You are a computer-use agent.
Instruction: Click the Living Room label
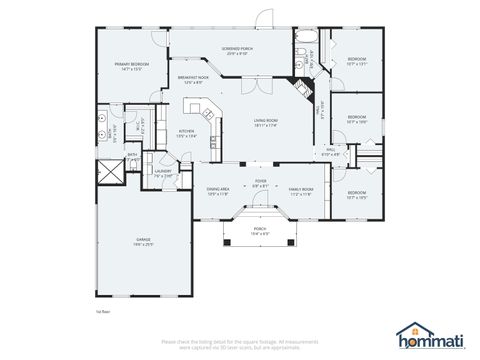(x=265, y=122)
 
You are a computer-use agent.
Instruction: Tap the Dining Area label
(x=217, y=191)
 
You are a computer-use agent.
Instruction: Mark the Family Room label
(x=301, y=191)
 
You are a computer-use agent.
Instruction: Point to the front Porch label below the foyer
(x=260, y=230)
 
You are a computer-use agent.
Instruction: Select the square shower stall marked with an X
(x=108, y=171)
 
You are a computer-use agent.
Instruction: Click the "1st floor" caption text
(x=103, y=312)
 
